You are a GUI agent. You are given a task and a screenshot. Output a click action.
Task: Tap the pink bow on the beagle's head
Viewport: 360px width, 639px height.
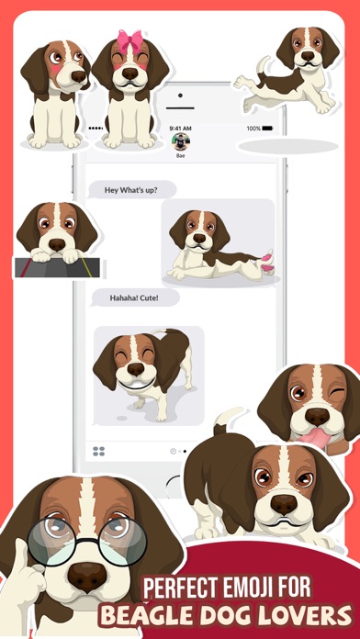129,41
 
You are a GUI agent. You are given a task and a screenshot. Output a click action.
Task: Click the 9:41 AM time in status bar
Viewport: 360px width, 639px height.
180,128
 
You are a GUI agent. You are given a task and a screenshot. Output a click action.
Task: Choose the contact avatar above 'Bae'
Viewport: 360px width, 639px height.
180,141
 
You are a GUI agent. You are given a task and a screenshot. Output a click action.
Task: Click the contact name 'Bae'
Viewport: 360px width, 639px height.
180,155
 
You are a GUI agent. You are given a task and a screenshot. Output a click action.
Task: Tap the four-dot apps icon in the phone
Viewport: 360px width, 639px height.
99,452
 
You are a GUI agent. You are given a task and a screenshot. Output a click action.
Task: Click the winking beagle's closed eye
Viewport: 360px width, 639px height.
338,397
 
